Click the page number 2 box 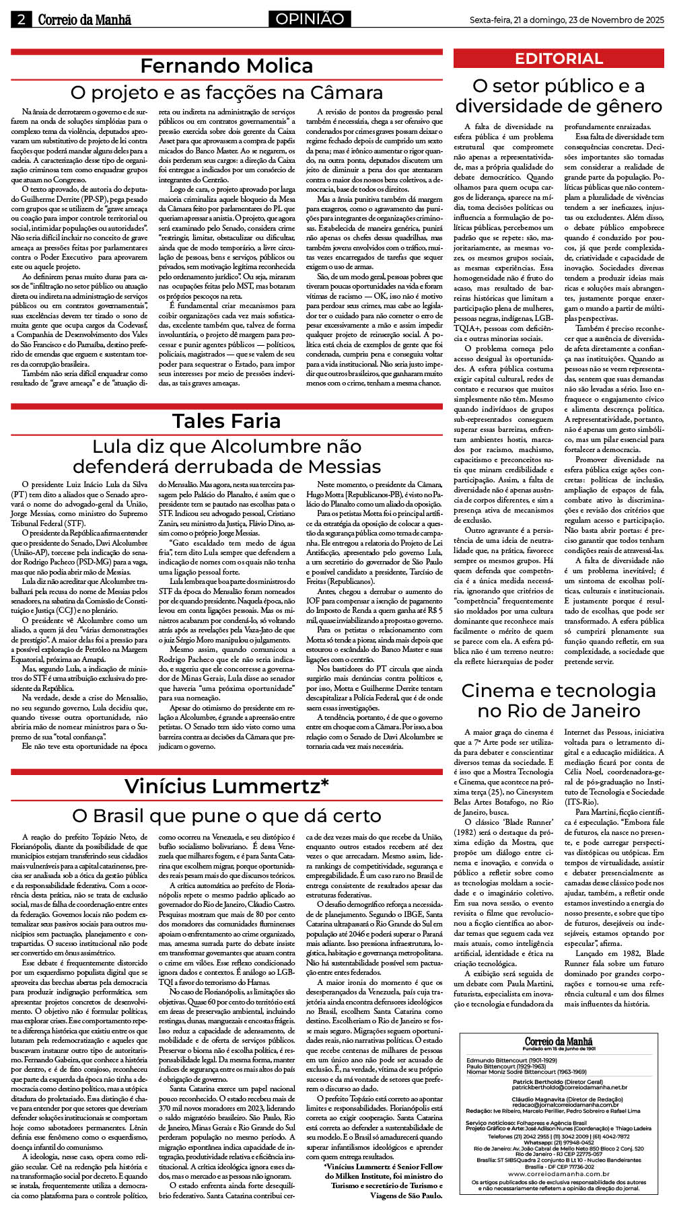(x=21, y=20)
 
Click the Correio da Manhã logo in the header (x=84, y=20)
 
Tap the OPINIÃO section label (x=310, y=19)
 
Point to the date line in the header (x=567, y=20)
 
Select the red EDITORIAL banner (x=559, y=59)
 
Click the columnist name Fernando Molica (x=226, y=66)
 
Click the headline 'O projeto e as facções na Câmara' (x=226, y=92)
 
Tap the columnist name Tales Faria (x=226, y=421)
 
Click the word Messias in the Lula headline (x=343, y=466)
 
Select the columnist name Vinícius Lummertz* (x=226, y=786)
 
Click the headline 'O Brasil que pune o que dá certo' (x=226, y=816)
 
